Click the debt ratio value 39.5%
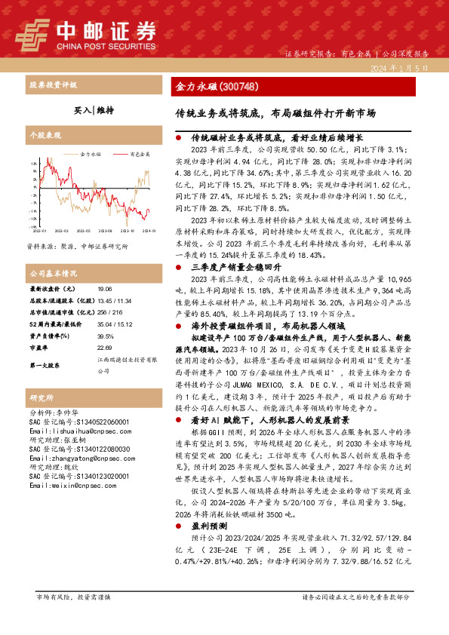tap(106, 336)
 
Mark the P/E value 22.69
tap(105, 348)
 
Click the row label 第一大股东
tap(45, 365)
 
